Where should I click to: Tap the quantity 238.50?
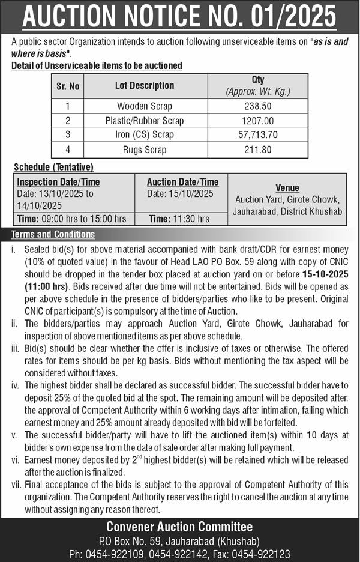[257, 106]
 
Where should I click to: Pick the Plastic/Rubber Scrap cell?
[145, 121]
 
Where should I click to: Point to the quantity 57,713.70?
[257, 135]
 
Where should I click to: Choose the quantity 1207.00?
[257, 121]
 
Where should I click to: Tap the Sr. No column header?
[68, 86]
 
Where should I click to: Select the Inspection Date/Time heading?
[58, 182]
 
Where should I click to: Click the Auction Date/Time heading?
[182, 182]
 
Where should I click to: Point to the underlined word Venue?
[287, 188]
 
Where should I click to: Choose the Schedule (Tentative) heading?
[53, 167]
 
